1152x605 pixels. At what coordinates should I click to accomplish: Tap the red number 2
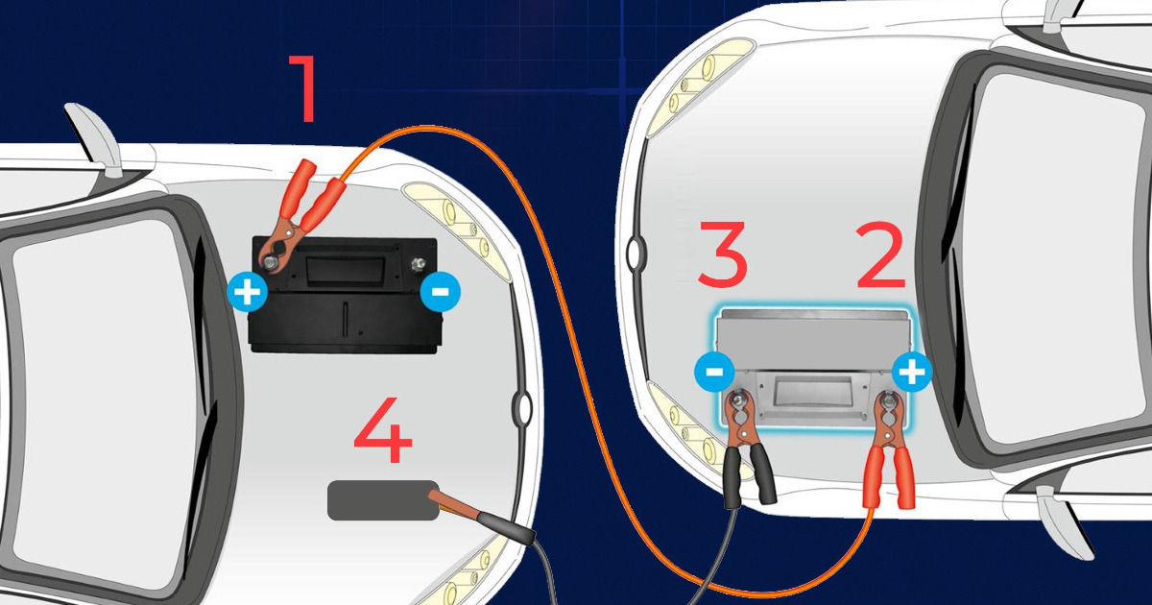click(880, 256)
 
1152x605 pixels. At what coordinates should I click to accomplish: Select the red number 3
click(722, 254)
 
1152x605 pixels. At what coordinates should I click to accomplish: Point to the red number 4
click(383, 430)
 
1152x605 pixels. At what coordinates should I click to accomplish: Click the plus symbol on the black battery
click(248, 292)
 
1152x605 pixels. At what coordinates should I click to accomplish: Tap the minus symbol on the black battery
click(441, 292)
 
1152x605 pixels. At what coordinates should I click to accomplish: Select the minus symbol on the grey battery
click(714, 372)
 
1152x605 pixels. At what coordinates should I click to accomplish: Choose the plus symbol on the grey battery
click(912, 372)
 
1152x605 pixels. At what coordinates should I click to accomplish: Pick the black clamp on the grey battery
click(746, 448)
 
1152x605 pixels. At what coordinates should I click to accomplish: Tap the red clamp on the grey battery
click(890, 448)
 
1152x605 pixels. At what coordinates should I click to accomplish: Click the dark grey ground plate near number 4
click(383, 500)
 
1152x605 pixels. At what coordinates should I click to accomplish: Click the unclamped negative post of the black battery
click(418, 265)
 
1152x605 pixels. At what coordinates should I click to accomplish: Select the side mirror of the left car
click(95, 139)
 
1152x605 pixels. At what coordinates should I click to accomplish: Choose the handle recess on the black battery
click(345, 268)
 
